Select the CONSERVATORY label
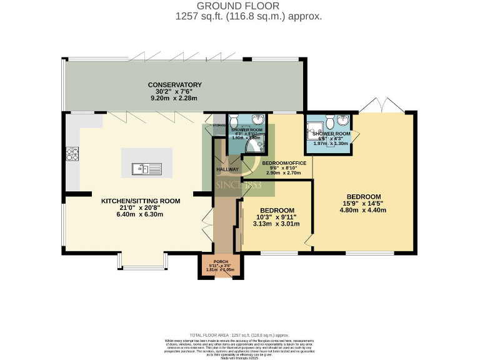tap(174, 85)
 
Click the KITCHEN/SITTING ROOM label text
tap(141, 201)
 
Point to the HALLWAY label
tap(227, 169)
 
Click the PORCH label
tap(220, 261)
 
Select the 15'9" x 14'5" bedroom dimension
tap(362, 203)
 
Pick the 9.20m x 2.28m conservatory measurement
tap(174, 99)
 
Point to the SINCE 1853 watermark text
tap(239, 186)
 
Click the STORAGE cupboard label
tap(219, 126)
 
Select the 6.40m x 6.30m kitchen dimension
tap(141, 214)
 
